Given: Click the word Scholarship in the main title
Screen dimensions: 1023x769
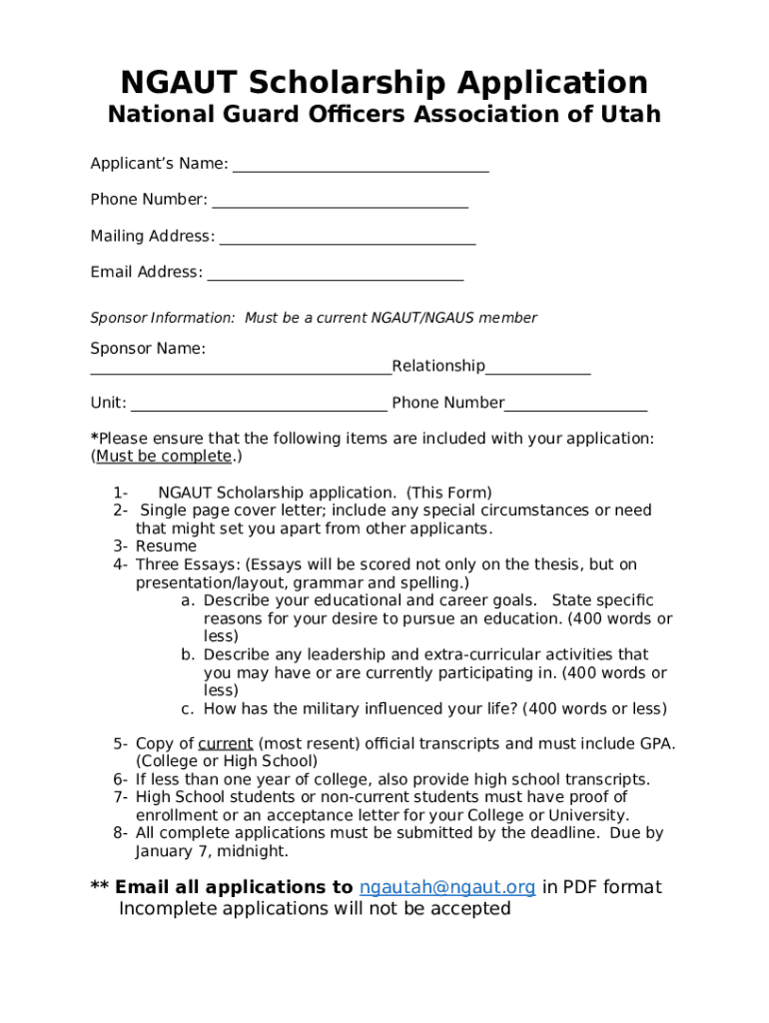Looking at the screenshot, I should click(385, 82).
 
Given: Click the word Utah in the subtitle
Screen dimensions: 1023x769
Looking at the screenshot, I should click(630, 114).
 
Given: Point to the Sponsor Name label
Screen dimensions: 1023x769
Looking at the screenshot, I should click(148, 349).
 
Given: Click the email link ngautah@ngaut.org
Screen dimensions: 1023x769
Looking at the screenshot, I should click(446, 887).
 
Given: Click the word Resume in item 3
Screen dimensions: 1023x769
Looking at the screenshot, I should click(166, 546).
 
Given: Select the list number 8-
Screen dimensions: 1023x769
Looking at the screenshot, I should click(121, 833).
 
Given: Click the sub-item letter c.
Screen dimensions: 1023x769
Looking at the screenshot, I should click(187, 709).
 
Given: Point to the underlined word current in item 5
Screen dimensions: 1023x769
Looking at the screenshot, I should click(225, 743).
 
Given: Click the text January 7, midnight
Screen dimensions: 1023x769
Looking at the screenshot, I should click(212, 851).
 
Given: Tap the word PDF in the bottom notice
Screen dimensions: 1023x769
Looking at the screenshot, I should click(584, 887).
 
